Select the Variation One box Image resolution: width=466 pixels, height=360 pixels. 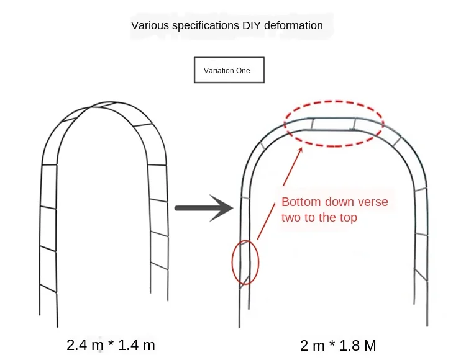[229, 70]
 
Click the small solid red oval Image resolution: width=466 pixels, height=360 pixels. [245, 262]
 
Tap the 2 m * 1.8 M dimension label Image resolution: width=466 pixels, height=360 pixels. [338, 345]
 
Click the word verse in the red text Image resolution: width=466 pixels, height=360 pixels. [373, 202]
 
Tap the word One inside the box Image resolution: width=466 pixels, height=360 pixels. [243, 71]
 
